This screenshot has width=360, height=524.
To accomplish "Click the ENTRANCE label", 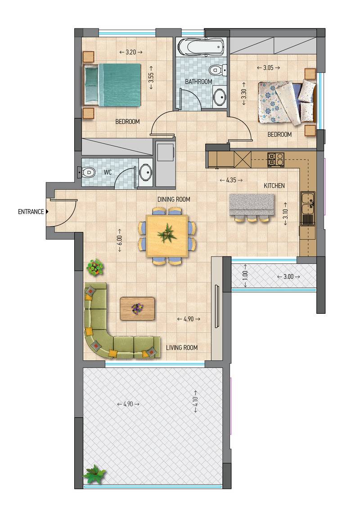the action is coord(31,212).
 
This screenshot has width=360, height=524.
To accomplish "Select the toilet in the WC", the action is coord(88,172).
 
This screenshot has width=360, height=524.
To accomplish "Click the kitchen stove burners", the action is coord(275,159).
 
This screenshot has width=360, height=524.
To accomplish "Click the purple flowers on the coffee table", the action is coord(137,308).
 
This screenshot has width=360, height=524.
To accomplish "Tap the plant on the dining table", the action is coord(167,234).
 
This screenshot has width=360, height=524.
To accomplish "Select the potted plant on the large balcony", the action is coord(94,474).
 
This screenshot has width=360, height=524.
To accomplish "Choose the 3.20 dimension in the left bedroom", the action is coord(131,52).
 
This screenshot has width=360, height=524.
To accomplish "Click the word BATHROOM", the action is coord(198,81).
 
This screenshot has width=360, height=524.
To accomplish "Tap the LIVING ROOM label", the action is coord(182,348).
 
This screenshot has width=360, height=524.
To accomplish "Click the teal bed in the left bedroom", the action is coord(112,85).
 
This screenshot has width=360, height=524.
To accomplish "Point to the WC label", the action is coord(108,172).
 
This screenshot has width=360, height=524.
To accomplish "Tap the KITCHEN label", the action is coord(274,185).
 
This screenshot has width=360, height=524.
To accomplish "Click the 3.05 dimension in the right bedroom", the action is coord(268,68).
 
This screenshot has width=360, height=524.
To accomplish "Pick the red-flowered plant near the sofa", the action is coord(95,267).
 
